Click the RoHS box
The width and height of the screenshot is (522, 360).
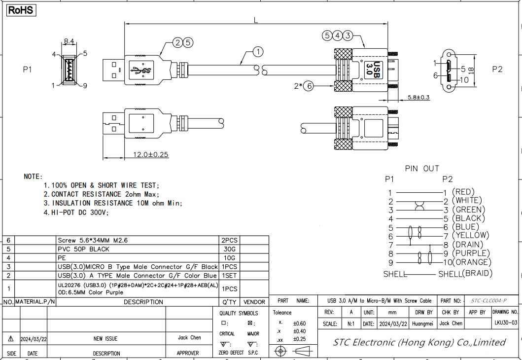coord(21,9)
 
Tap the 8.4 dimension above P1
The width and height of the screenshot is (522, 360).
coord(69,41)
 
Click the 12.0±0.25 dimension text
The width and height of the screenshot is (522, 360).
coord(151,154)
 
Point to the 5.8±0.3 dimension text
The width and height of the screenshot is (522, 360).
coord(418,97)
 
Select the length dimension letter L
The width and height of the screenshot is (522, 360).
coord(256,20)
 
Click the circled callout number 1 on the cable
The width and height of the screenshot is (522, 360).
coord(258,51)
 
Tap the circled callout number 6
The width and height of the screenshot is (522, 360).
coord(309,86)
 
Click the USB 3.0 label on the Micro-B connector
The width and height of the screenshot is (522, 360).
coord(373,69)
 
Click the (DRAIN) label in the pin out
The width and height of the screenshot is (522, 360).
coord(469,245)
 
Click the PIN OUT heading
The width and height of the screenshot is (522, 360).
coord(422,169)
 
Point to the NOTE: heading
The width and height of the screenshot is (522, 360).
coord(34,177)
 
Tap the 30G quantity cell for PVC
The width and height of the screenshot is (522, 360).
coord(229,249)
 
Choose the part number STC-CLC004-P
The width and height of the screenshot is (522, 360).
coord(488,300)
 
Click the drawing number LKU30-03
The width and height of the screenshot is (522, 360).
coord(506,323)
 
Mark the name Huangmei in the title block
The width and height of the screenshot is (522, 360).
coord(423,324)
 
